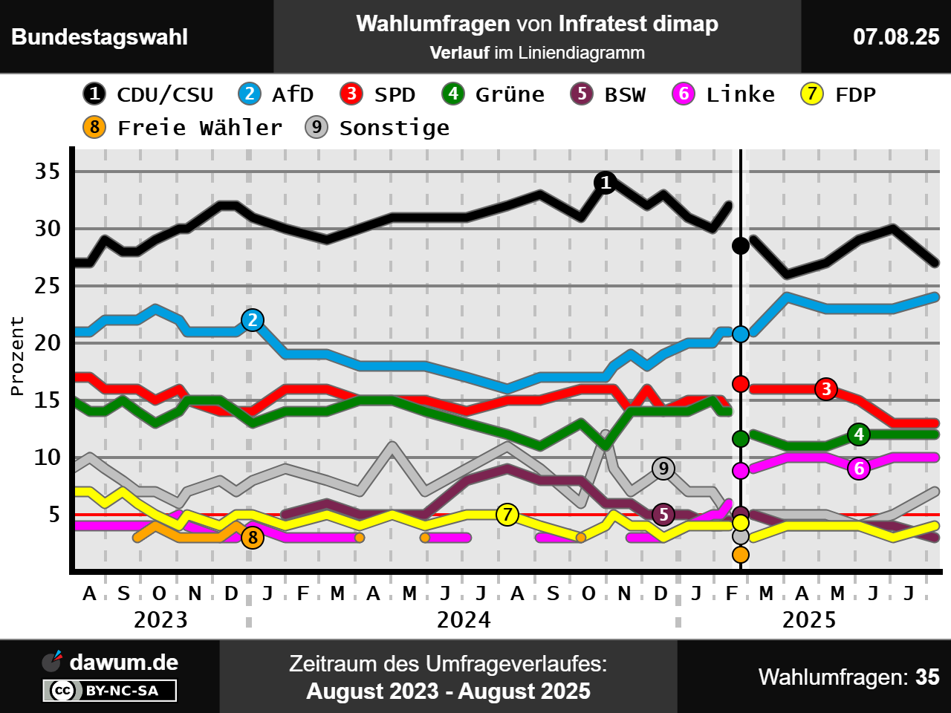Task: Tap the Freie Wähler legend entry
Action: click(x=183, y=128)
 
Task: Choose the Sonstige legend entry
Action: click(x=377, y=128)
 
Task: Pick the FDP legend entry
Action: click(x=838, y=94)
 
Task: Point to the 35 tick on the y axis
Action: click(x=48, y=172)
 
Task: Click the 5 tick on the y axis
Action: click(x=53, y=514)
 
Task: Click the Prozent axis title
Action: click(x=17, y=356)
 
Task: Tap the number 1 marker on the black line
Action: click(x=606, y=182)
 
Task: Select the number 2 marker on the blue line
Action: click(x=253, y=320)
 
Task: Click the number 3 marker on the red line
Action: click(x=826, y=388)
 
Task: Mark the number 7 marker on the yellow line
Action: click(x=507, y=514)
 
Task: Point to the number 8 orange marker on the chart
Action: click(x=253, y=537)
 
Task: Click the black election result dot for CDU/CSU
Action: click(x=740, y=245)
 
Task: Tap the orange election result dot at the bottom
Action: click(x=740, y=555)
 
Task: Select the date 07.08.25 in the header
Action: click(x=896, y=37)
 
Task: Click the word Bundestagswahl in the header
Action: click(x=100, y=37)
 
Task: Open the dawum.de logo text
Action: click(x=123, y=662)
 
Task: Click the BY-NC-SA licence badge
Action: click(x=110, y=691)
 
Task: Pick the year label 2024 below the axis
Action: click(x=464, y=620)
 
